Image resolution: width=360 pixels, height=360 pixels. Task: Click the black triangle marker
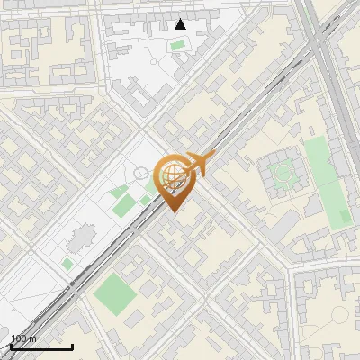click(181, 24)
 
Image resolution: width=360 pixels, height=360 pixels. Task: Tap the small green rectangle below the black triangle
click(178, 44)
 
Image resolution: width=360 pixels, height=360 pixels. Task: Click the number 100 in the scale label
click(17, 338)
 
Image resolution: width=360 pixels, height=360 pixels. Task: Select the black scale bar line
click(41, 346)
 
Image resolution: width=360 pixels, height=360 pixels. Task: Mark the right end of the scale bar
click(72, 346)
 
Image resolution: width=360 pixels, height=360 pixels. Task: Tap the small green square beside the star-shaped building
click(67, 264)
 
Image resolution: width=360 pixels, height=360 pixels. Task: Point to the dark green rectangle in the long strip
click(345, 217)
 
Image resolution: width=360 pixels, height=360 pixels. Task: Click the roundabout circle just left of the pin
click(141, 173)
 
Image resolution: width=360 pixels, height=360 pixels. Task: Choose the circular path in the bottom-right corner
click(339, 316)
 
